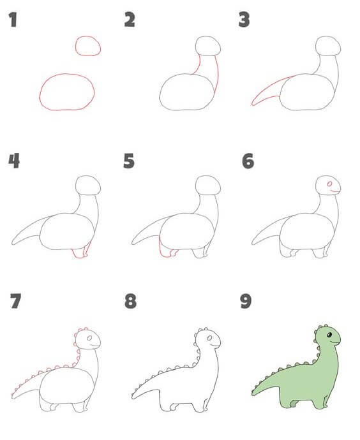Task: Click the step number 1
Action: [x=13, y=20]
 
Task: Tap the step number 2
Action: [x=130, y=20]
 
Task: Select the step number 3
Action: [x=244, y=20]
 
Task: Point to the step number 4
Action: [x=14, y=161]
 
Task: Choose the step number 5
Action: [x=129, y=161]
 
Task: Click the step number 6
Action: [x=248, y=161]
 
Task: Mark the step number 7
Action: [x=15, y=301]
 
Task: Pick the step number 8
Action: [x=131, y=301]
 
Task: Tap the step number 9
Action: [x=246, y=301]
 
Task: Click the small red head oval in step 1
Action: [x=88, y=36]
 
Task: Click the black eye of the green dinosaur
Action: [x=329, y=335]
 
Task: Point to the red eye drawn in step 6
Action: [x=329, y=184]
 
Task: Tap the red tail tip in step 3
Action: [x=253, y=104]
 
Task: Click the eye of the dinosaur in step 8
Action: [x=209, y=338]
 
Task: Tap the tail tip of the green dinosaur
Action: [x=253, y=394]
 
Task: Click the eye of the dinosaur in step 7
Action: [x=89, y=338]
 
